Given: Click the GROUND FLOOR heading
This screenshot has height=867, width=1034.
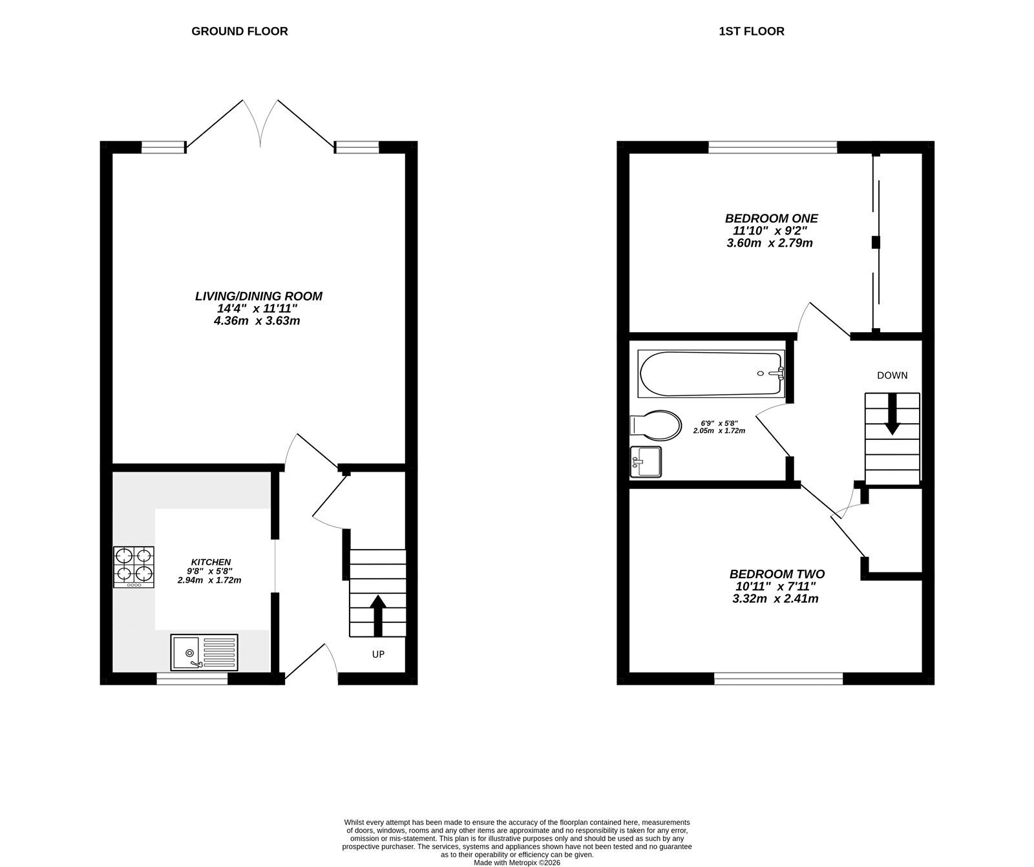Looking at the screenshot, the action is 239,31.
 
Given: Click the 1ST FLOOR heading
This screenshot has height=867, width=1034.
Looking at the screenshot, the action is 752,31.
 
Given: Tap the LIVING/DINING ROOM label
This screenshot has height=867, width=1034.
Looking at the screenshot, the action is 258,296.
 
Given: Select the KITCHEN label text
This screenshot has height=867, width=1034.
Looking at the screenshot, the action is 211,562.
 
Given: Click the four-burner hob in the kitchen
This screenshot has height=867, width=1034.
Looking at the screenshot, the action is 134,567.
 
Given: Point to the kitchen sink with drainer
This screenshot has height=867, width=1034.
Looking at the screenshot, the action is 204,652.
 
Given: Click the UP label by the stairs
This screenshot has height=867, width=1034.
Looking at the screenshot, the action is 378,654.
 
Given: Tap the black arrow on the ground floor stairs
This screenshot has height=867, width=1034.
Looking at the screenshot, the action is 377,616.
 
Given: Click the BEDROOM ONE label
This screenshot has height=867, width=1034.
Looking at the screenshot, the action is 771,218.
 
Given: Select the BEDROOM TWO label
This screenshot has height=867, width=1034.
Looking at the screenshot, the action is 777,574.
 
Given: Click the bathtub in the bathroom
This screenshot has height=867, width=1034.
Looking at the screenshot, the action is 711,373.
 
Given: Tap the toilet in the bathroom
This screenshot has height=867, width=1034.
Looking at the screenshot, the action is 655,425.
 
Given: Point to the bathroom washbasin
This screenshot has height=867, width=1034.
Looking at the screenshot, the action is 646,462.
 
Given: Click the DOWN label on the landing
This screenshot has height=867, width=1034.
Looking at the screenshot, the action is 892,375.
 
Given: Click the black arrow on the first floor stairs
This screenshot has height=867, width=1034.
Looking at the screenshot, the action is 892,413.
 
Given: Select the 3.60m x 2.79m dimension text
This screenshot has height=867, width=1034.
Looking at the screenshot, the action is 769,243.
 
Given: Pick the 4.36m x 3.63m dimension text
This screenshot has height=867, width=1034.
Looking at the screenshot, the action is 257,320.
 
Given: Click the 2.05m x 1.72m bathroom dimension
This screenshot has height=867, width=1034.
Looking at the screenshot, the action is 719,431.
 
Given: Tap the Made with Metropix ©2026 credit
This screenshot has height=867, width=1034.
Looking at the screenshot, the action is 516,862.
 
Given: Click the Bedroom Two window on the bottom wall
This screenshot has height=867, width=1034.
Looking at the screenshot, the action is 779,678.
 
